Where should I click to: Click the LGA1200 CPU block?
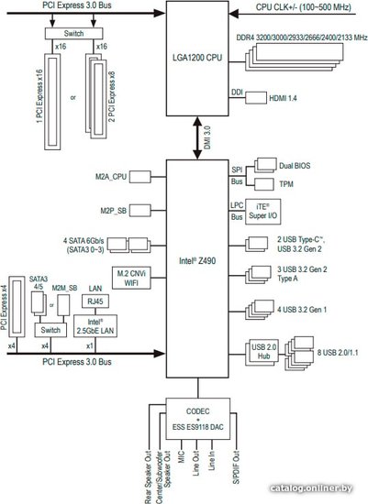[x=197, y=58]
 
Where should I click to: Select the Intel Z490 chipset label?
[x=197, y=260]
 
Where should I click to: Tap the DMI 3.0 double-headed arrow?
[x=197, y=137]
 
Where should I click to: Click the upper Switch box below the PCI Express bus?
[x=73, y=33]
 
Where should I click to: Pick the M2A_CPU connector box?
[x=140, y=177]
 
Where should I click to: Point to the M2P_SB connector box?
[x=140, y=211]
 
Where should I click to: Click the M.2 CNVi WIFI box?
[x=131, y=278]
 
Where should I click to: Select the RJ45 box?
[x=95, y=301]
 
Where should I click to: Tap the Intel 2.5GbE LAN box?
[x=95, y=326]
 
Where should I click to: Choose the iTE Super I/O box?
[x=262, y=212]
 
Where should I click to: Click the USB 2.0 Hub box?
[x=264, y=351]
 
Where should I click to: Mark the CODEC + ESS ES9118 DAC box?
[x=197, y=419]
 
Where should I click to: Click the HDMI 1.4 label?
[x=283, y=98]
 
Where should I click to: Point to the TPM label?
[x=286, y=184]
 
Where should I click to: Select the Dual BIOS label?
[x=295, y=166]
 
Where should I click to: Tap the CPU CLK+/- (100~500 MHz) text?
[x=303, y=7]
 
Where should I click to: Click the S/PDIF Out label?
[x=237, y=466]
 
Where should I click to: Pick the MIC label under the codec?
[x=182, y=456]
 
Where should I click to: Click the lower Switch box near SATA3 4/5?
[x=50, y=330]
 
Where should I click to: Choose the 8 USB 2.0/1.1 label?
[x=338, y=353]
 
